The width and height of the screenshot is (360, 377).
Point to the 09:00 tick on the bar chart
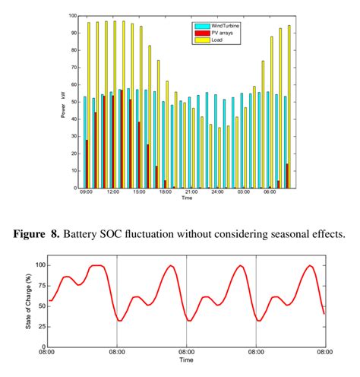pos(87,192)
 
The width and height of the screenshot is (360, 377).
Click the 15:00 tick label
pos(139,192)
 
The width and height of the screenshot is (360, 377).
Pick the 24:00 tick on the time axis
pos(217,192)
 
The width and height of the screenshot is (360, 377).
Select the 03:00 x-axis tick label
pos(244,192)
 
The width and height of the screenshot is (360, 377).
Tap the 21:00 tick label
pos(191,192)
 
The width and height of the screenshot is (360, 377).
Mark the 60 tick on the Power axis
pos(73,84)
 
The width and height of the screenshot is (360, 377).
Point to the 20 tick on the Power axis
pos(73,153)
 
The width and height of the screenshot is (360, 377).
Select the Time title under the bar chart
pos(187,198)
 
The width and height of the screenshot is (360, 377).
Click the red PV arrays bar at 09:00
pos(87,163)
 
